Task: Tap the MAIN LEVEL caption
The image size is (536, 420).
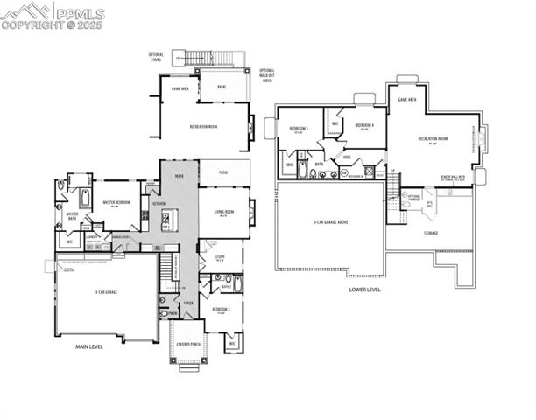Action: click(90, 347)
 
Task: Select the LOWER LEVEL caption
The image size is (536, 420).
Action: click(364, 289)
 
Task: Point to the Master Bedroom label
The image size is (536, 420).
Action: click(115, 203)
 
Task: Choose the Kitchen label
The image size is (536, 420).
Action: click(159, 204)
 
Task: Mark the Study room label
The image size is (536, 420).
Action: click(219, 256)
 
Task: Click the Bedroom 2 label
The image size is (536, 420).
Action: click(221, 310)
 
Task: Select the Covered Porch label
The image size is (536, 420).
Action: click(188, 345)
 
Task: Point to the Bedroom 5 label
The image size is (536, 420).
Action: click(297, 129)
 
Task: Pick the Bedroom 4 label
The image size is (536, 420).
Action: click(364, 125)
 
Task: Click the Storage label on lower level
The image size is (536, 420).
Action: click(431, 233)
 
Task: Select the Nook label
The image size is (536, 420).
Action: click(179, 176)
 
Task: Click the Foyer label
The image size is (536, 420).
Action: click(188, 303)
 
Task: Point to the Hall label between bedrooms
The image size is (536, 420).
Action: click(347, 157)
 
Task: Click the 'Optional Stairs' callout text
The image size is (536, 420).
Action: click(156, 58)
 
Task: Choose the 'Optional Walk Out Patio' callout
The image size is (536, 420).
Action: click(267, 75)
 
